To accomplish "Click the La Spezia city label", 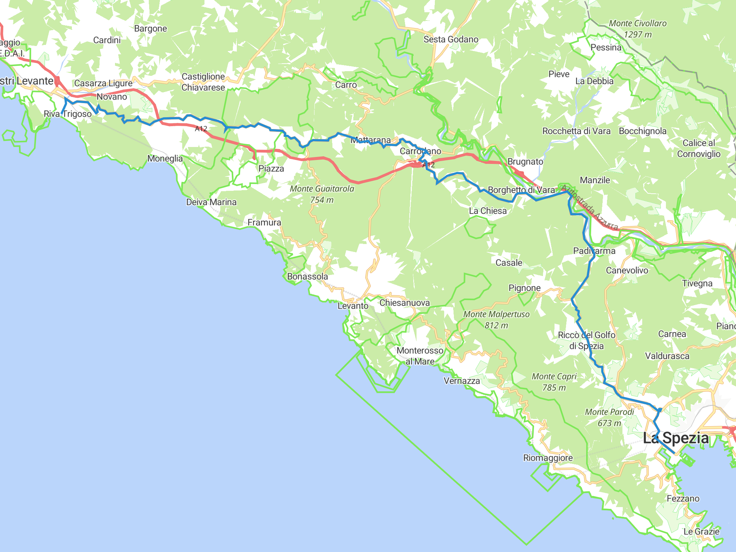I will (x=676, y=438).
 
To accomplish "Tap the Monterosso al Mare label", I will (x=420, y=356).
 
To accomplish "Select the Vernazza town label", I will (x=461, y=381).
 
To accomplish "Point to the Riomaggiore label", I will (x=548, y=458).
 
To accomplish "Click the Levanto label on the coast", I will (x=353, y=306).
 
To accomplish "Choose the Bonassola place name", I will (x=307, y=276).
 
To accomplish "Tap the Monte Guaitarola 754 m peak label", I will (x=322, y=194).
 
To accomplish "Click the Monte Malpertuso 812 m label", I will (x=496, y=319).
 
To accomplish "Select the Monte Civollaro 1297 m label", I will (x=638, y=29).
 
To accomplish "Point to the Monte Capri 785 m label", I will (x=554, y=382).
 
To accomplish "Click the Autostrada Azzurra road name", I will (x=589, y=208).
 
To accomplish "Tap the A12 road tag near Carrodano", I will (x=428, y=165).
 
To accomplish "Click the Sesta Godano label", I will (x=451, y=39).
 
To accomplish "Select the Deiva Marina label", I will (x=211, y=202).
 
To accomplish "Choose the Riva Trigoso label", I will (x=68, y=114).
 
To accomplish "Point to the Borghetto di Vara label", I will (x=521, y=190).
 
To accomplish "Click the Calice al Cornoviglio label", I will (x=699, y=148).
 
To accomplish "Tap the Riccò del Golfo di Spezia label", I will (x=586, y=340).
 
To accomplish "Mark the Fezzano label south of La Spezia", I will (x=683, y=498).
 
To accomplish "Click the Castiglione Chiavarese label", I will (x=203, y=82).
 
